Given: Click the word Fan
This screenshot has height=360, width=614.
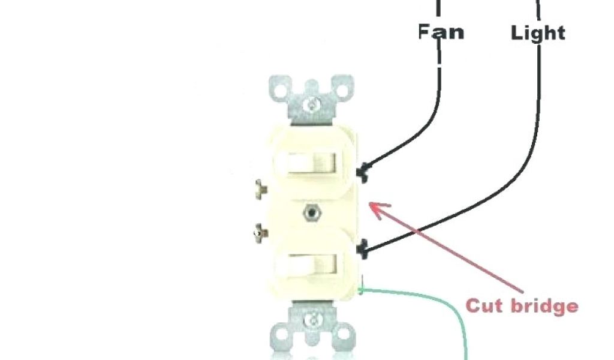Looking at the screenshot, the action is click(x=441, y=31).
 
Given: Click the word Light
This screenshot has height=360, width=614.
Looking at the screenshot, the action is click(x=538, y=32).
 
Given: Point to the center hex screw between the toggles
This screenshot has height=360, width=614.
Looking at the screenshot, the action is click(x=311, y=211).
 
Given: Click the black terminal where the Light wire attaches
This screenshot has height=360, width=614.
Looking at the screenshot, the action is click(x=362, y=248).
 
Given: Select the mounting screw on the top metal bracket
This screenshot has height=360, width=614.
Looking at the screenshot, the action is click(x=311, y=106).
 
